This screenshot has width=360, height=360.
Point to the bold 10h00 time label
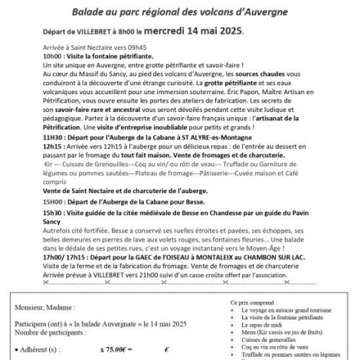click(53, 57)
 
